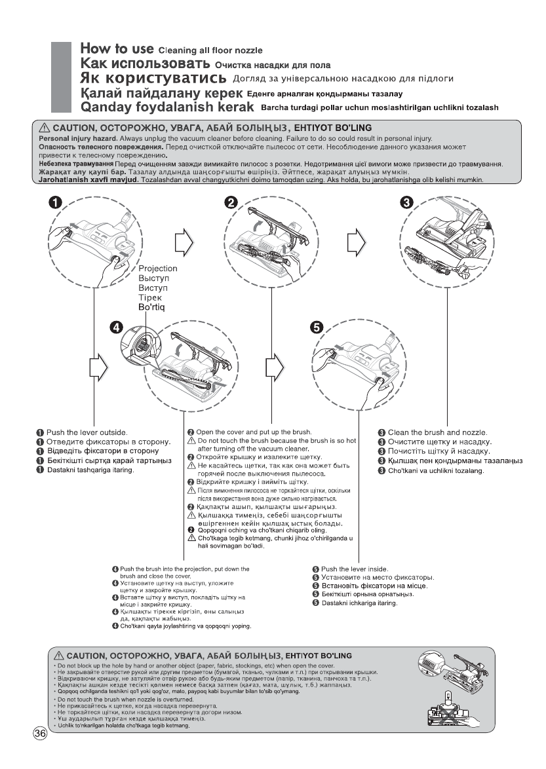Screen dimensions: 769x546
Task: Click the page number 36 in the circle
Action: click(x=41, y=734)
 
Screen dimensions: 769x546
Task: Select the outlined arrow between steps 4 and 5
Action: click(x=274, y=367)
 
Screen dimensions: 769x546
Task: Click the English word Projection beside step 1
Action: click(x=158, y=269)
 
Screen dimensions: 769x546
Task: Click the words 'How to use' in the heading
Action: click(x=117, y=48)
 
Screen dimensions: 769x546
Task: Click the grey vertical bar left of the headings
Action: click(x=61, y=77)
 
